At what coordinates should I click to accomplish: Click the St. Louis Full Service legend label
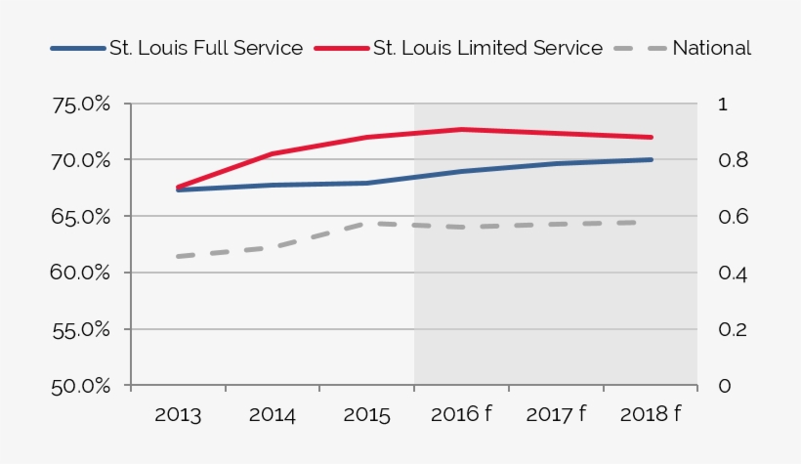[x=205, y=48]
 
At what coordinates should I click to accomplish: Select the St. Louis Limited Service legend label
[x=487, y=48]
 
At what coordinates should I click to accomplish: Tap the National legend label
[x=711, y=48]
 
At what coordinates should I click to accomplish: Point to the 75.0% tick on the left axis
[x=84, y=104]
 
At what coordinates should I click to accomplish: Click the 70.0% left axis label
[x=84, y=159]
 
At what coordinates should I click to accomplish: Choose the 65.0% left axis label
[x=84, y=216]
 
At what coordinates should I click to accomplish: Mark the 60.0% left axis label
[x=84, y=273]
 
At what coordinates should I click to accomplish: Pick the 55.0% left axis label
[x=84, y=329]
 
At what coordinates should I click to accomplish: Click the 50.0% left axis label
[x=84, y=386]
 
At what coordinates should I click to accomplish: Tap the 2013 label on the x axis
[x=178, y=414]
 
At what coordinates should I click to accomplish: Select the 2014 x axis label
[x=273, y=414]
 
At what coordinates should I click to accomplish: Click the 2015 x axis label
[x=367, y=414]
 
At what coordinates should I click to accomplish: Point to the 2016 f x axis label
[x=461, y=414]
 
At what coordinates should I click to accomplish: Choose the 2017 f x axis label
[x=556, y=414]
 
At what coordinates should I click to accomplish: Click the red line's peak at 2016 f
[x=461, y=129]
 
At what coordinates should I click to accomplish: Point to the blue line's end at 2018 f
[x=651, y=159]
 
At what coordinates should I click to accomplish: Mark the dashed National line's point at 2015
[x=367, y=224]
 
